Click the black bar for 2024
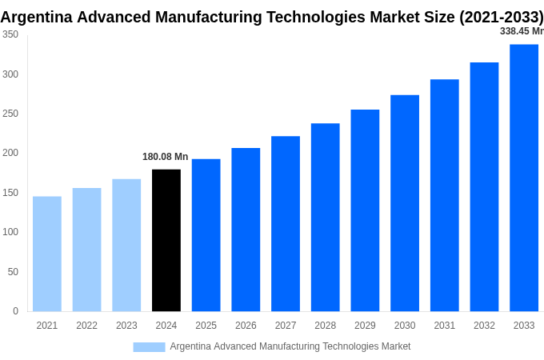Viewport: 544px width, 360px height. point(166,240)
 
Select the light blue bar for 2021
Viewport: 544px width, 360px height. point(47,254)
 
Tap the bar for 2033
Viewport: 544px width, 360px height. point(524,178)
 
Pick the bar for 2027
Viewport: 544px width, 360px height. point(286,223)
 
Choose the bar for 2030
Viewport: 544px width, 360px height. point(405,203)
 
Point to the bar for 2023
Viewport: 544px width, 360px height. point(126,245)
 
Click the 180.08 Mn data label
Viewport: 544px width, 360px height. point(166,157)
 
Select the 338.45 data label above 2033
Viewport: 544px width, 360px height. point(521,31)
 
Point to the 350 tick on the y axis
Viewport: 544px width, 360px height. point(10,34)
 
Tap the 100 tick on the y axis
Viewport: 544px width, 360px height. point(10,232)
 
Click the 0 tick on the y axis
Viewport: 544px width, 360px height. point(15,311)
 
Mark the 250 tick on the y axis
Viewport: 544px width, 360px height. point(10,114)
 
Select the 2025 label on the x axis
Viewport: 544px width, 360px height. point(206,326)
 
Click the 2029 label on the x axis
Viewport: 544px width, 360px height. point(365,326)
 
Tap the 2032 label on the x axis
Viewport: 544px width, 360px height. point(484,326)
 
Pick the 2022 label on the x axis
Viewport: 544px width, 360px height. point(87,326)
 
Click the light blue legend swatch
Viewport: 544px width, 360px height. point(149,346)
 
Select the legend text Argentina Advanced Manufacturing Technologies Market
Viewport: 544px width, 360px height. point(290,346)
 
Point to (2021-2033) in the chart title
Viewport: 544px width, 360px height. point(501,16)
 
